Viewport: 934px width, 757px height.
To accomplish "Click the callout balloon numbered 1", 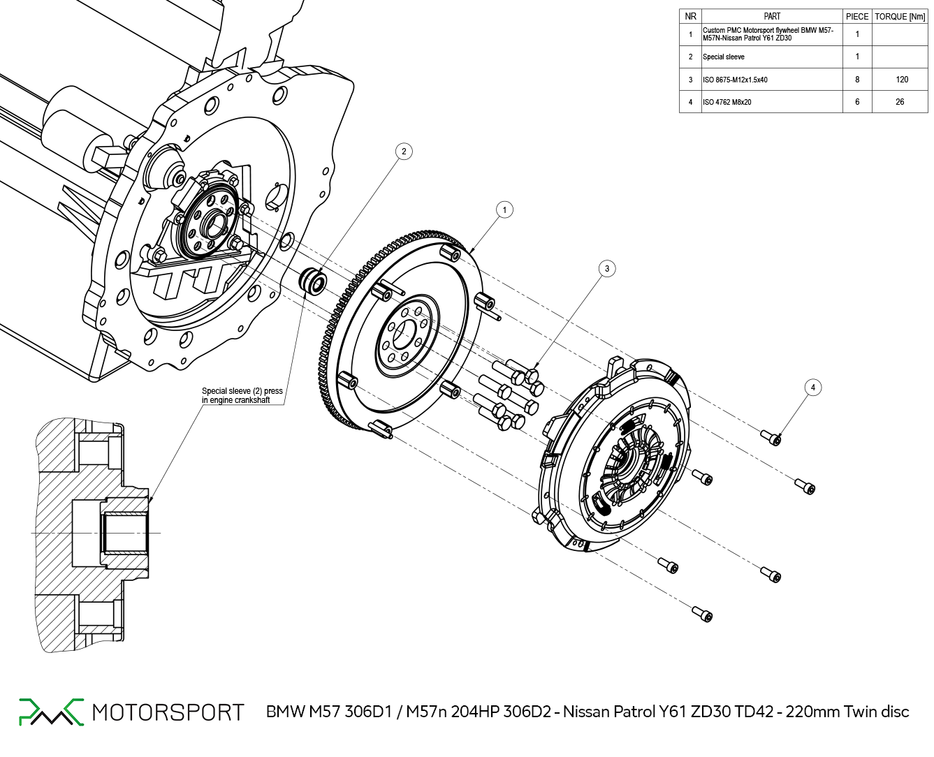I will (504, 210).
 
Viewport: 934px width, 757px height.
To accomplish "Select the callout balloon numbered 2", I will (403, 152).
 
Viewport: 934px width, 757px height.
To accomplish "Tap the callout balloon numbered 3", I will (607, 268).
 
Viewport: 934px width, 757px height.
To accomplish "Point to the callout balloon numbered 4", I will (812, 388).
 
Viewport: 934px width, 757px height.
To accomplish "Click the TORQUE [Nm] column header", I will (900, 16).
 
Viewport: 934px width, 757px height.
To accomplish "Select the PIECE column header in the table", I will (857, 16).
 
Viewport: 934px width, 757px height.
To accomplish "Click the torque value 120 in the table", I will (902, 80).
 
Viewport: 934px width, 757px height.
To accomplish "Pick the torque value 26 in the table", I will (900, 102).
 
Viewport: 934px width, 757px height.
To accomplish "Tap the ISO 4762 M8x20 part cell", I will (727, 102).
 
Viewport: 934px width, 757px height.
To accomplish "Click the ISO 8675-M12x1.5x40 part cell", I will (735, 80).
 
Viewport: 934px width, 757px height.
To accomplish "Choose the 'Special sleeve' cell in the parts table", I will (724, 57).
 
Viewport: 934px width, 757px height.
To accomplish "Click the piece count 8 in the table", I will (857, 80).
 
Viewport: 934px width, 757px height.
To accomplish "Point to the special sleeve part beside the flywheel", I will (313, 281).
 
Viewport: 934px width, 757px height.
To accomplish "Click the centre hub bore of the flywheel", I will (404, 335).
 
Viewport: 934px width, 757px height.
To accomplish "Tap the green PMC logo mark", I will (50, 712).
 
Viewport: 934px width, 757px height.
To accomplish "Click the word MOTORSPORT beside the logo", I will (168, 712).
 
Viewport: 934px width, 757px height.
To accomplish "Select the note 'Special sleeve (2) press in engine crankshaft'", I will (242, 395).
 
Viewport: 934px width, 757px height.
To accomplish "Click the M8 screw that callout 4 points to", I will (772, 438).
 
